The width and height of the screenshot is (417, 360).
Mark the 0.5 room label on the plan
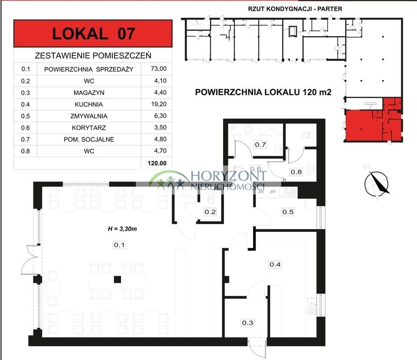(x=288, y=212)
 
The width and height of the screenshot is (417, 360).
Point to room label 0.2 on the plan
(x=209, y=212)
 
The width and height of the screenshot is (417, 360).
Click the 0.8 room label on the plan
(x=296, y=172)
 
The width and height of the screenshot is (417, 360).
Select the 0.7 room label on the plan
(x=261, y=144)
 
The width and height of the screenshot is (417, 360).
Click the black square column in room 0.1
(x=118, y=280)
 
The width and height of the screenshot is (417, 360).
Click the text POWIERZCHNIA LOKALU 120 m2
(x=263, y=92)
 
